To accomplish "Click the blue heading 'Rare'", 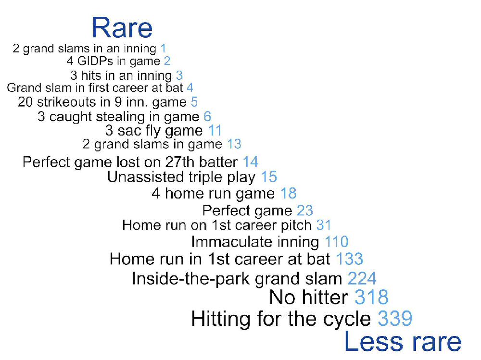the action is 122,28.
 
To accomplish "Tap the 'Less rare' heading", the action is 403,341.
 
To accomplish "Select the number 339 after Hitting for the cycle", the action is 395,319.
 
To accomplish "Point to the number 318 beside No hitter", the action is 371,297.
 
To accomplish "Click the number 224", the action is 362,278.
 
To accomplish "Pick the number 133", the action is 349,259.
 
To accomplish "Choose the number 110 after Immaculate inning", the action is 337,242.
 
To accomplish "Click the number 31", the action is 324,225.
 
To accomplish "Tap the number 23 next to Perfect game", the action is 305,211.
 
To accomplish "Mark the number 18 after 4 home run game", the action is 288,193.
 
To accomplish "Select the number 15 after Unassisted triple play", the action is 269,177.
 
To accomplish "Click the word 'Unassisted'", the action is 145,177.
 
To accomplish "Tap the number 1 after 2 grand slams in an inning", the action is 163,49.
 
